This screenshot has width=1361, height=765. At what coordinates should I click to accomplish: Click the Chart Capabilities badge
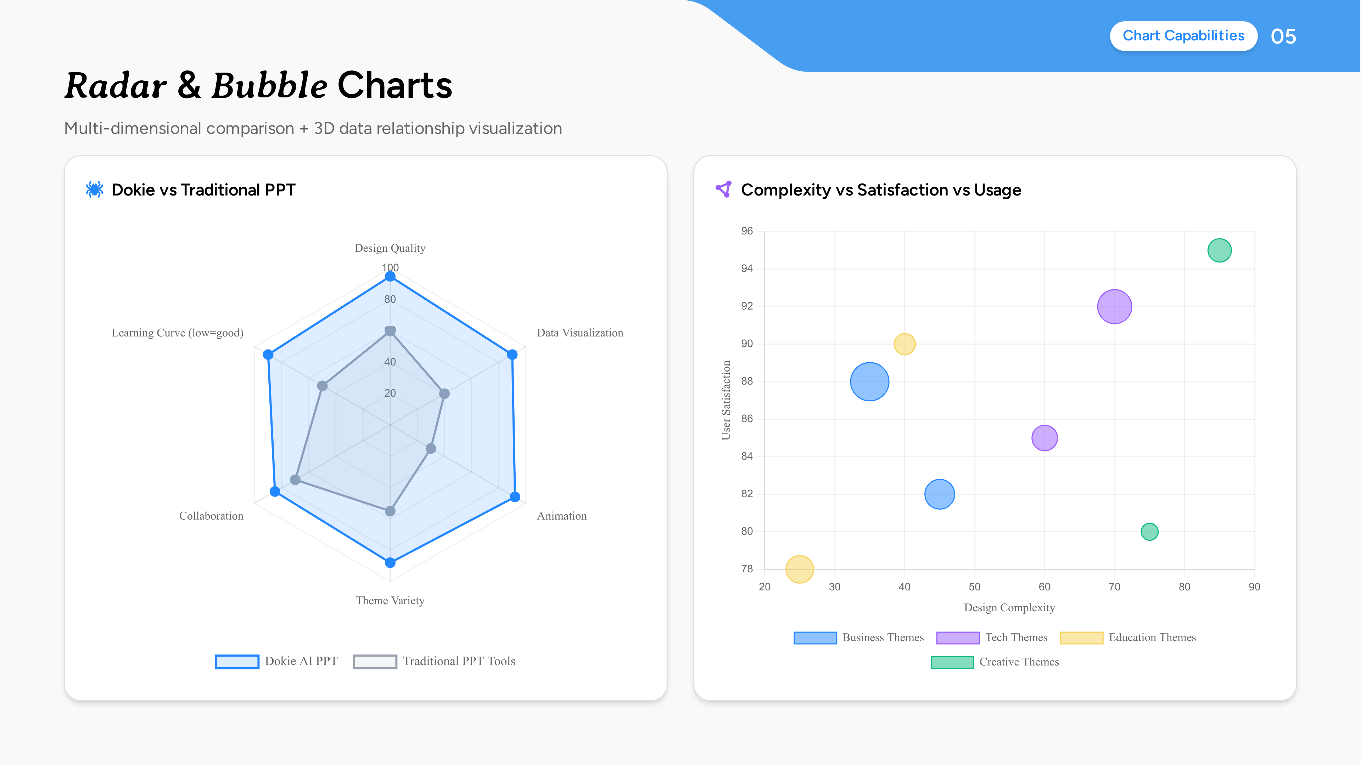pos(1183,36)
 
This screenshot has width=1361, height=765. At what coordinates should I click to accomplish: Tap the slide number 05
pos(1283,36)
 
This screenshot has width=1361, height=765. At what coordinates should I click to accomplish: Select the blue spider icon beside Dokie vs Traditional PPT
pos(95,189)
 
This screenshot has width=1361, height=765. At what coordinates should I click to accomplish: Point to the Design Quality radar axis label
pos(390,248)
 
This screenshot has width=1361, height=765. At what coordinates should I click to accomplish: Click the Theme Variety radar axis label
pos(390,600)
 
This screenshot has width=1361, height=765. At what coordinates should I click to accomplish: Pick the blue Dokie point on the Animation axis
pos(515,497)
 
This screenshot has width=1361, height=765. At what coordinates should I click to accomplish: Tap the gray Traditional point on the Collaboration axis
pos(295,480)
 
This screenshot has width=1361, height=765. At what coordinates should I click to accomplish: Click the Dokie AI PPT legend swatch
pos(237,662)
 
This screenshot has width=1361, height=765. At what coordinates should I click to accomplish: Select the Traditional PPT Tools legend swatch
pos(375,662)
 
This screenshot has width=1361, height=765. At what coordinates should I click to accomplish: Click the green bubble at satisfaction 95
pos(1219,250)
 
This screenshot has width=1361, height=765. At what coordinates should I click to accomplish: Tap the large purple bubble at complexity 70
pos(1114,307)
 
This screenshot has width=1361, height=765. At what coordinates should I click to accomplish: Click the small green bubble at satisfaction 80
pos(1149,532)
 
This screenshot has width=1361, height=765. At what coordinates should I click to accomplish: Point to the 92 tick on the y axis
pos(746,306)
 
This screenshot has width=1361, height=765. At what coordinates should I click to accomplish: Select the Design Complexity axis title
pos(1009,608)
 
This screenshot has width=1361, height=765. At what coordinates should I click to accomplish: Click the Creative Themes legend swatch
pos(952,662)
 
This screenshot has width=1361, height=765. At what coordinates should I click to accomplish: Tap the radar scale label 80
pos(390,299)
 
